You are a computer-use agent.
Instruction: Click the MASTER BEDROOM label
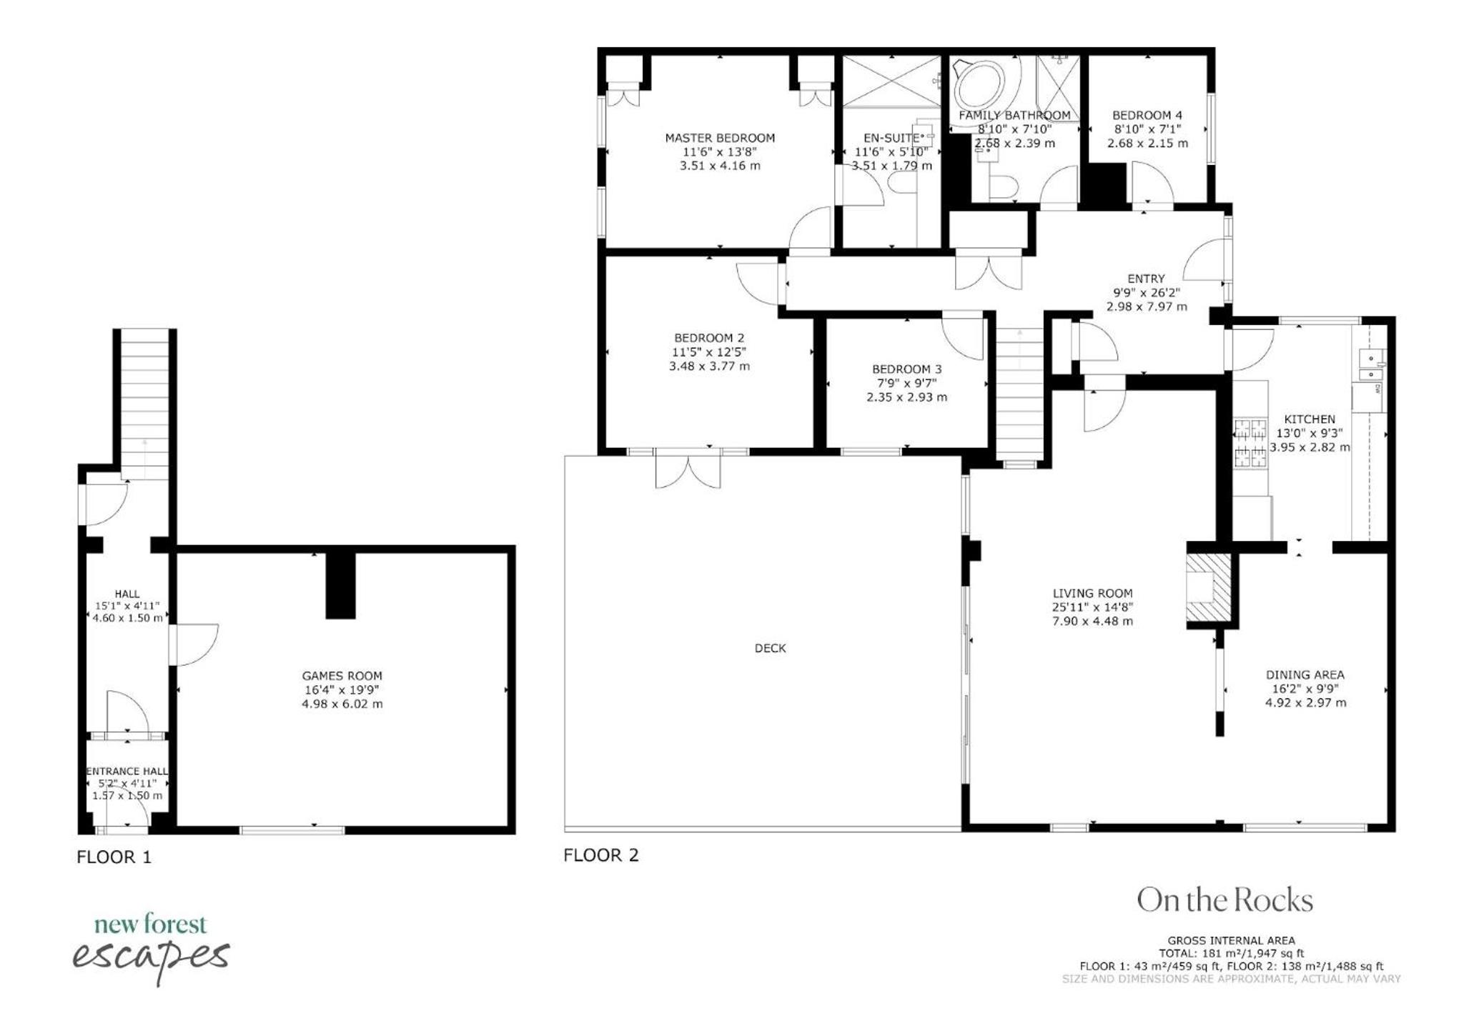point(720,138)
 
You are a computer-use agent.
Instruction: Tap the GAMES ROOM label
point(342,676)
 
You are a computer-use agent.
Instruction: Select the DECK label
point(770,648)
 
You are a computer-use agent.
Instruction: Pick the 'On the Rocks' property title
point(1225,900)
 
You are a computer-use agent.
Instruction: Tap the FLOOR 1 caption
point(114,857)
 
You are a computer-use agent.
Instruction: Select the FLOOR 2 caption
point(600,855)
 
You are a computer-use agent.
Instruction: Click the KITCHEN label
point(1310,419)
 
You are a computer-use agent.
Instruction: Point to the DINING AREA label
point(1305,674)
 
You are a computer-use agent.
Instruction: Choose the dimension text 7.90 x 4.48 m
point(1092,621)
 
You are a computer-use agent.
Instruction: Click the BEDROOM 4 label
point(1147,115)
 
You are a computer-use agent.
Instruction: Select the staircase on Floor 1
point(145,404)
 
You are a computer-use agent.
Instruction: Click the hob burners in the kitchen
point(1250,443)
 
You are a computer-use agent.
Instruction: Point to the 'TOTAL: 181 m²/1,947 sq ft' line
point(1231,953)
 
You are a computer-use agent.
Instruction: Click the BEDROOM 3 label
point(906,369)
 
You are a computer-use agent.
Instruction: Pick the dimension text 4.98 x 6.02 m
point(342,704)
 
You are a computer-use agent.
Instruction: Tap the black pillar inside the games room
point(340,585)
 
